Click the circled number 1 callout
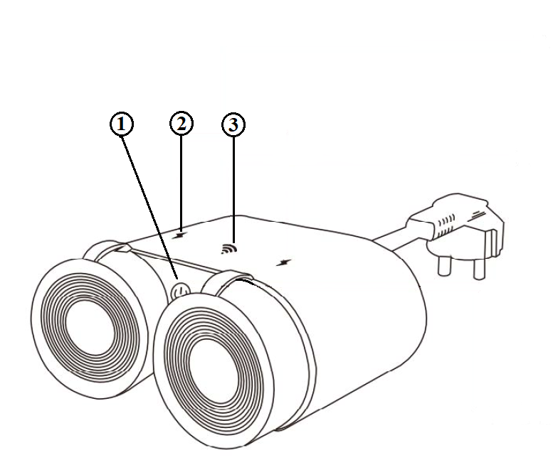[122, 124]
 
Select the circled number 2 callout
[181, 124]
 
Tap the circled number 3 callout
[233, 124]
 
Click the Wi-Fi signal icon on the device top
[229, 248]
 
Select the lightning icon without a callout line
[284, 262]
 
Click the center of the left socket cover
[90, 329]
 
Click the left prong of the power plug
[444, 266]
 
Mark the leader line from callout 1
[150, 208]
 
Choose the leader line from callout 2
[181, 183]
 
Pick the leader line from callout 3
[233, 190]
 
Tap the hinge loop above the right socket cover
[226, 277]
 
